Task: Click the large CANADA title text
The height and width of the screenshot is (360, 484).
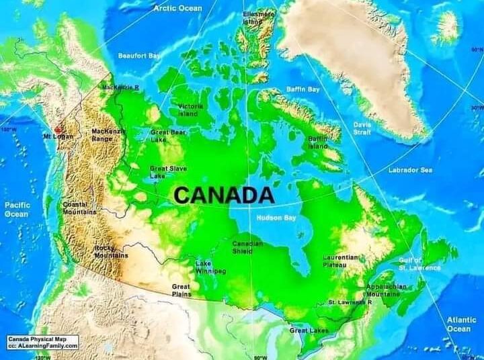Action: (x=224, y=195)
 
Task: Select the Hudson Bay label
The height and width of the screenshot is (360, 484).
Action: (x=276, y=218)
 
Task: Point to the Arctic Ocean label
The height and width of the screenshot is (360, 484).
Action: (x=177, y=8)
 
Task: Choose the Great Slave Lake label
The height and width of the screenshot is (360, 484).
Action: (x=167, y=172)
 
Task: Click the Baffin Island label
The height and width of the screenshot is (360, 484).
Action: (x=317, y=142)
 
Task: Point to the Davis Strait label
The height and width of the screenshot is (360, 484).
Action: (x=362, y=128)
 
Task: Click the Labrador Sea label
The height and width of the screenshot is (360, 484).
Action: (x=410, y=170)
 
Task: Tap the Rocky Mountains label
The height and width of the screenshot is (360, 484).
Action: (x=111, y=252)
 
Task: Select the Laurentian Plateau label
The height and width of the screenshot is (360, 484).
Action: (x=341, y=261)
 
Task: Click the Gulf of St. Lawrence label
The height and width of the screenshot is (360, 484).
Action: (x=419, y=264)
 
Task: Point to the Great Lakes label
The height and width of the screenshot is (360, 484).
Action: (x=308, y=330)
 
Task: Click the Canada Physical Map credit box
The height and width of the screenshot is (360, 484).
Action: (x=43, y=343)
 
